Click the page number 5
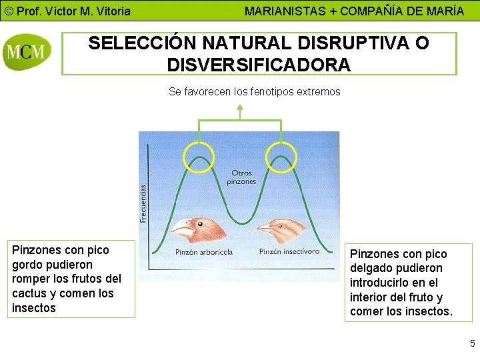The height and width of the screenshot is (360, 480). point(472,344)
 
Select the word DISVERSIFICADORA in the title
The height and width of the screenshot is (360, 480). point(259,65)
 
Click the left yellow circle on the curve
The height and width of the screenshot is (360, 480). point(198,157)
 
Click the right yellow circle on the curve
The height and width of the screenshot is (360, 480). point(281,157)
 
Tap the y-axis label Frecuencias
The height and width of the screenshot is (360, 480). point(143,203)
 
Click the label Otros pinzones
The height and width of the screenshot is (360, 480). point(241,177)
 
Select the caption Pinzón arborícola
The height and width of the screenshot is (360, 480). point(203,252)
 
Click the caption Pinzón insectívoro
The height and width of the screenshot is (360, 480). point(289,251)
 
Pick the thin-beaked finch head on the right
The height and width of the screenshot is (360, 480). point(283,230)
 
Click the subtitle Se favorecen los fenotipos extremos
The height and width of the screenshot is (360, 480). point(255,91)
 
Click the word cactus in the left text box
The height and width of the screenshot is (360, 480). point(34,293)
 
